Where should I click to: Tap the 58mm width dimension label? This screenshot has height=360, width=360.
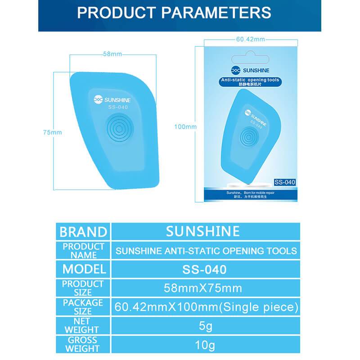click(x=112, y=54)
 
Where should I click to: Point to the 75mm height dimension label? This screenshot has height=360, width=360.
click(x=52, y=132)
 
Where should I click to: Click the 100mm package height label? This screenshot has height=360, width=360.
click(x=185, y=126)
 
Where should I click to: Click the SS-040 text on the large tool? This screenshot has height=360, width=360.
click(x=117, y=107)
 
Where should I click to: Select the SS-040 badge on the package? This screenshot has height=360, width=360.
click(x=284, y=182)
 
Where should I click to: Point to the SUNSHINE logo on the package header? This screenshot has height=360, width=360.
click(x=249, y=71)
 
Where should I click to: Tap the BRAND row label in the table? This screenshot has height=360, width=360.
click(x=83, y=232)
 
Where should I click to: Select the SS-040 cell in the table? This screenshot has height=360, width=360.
click(x=204, y=270)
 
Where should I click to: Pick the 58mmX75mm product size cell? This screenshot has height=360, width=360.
click(x=204, y=288)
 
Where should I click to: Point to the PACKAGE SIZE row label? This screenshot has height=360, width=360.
click(x=83, y=307)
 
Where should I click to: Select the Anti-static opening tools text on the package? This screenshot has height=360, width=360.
click(x=250, y=80)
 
